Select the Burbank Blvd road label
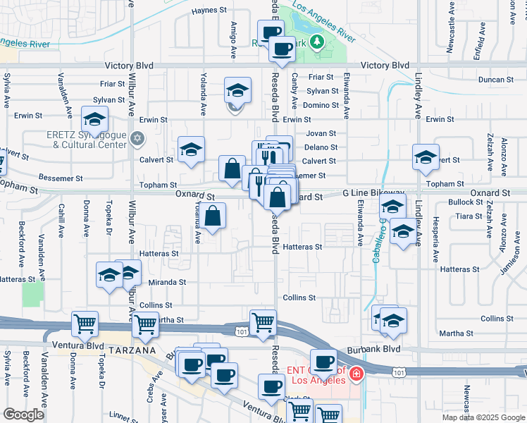pyautogui.click(x=382, y=348)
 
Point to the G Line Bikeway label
pyautogui.click(x=374, y=192)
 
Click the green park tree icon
pyautogui.click(x=317, y=42)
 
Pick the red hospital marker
pyautogui.click(x=357, y=374)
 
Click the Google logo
pyautogui.click(x=24, y=415)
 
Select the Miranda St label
pyautogui.click(x=167, y=282)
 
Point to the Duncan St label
pyautogui.click(x=510, y=80)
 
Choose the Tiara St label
pyautogui.click(x=468, y=216)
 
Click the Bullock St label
pyautogui.click(x=464, y=202)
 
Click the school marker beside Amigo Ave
pyautogui.click(x=238, y=90)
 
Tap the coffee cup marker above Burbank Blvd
pyautogui.click(x=323, y=362)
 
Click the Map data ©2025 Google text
pyautogui.click(x=483, y=417)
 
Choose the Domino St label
pyautogui.click(x=322, y=105)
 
